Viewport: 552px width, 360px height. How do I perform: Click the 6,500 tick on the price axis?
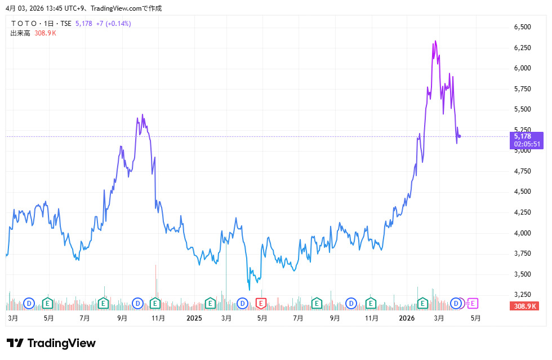[x=522, y=26]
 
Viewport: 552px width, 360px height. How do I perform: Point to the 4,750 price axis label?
[x=522, y=171]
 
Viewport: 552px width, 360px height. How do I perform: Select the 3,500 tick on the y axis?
[x=522, y=274]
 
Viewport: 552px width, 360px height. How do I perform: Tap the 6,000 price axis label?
[x=522, y=68]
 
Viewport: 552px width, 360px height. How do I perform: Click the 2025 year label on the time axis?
[x=194, y=318]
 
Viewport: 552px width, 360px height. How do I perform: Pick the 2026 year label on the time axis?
[x=407, y=318]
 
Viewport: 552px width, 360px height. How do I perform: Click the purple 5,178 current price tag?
[x=523, y=136]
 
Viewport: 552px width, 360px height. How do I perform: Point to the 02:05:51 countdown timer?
[x=526, y=144]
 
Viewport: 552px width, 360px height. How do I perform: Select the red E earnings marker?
[x=261, y=304]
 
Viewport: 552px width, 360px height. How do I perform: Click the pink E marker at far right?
[x=473, y=304]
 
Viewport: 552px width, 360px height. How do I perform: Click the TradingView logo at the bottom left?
[x=51, y=343]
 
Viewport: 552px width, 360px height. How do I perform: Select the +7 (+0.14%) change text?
[x=113, y=24]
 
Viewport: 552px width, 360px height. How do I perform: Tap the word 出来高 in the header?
[x=20, y=33]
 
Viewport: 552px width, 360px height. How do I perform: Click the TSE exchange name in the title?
[x=66, y=24]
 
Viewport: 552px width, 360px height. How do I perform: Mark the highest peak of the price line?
[x=435, y=41]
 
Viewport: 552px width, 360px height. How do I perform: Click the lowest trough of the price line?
[x=250, y=290]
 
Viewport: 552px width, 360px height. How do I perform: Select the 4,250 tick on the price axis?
[x=522, y=212]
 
